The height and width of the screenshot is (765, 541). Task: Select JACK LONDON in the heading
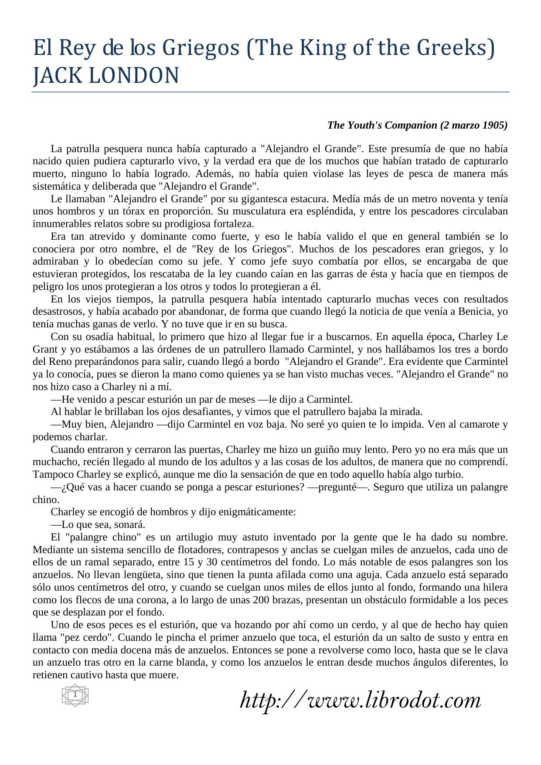(106, 76)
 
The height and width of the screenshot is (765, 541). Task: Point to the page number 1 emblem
(75, 694)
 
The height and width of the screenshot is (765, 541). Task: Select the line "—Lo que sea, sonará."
(98, 524)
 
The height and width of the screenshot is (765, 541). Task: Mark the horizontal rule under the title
(270, 92)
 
